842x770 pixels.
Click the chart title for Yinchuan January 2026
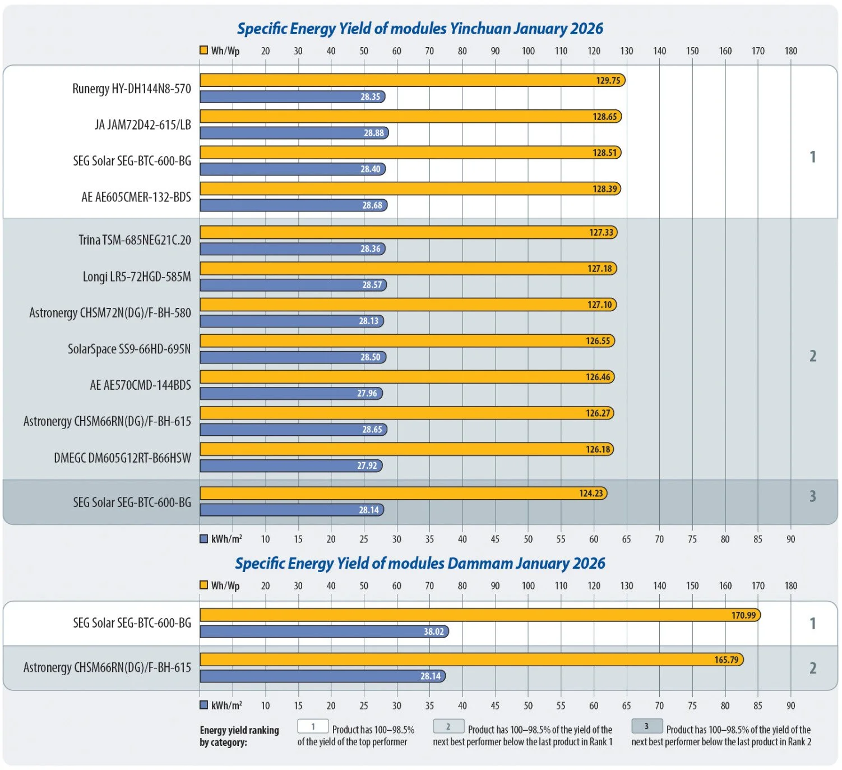click(420, 29)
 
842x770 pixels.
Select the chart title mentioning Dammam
click(420, 563)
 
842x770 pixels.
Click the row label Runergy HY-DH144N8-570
click(132, 89)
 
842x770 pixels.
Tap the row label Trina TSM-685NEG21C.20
click(135, 240)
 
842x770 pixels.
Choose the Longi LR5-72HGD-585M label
click(137, 276)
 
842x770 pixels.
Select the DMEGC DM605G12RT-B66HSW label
click(122, 458)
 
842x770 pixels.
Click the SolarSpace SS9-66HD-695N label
click(129, 349)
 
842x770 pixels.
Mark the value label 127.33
click(601, 232)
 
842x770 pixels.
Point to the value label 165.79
click(726, 660)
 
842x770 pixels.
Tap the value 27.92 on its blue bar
click(367, 465)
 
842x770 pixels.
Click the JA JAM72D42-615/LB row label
click(143, 125)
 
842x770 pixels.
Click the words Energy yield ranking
click(239, 730)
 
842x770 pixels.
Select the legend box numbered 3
click(647, 726)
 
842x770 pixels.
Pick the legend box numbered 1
click(313, 726)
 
